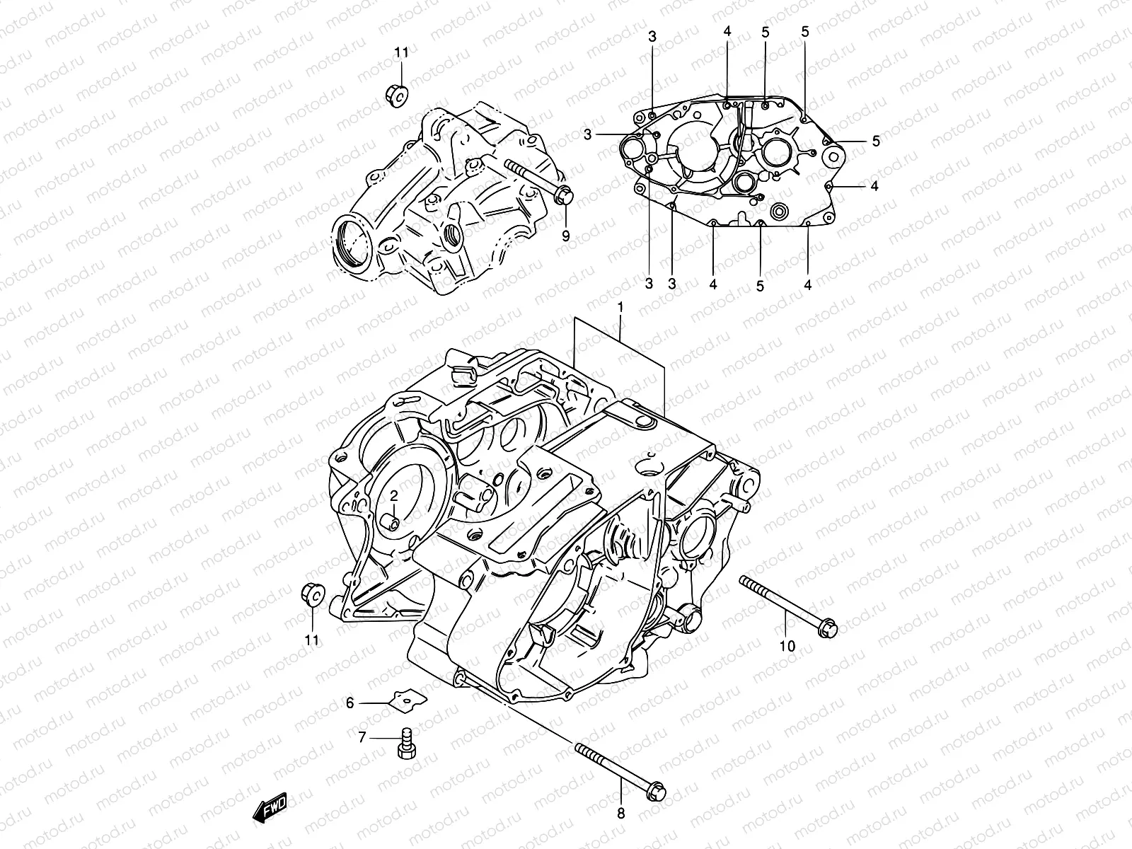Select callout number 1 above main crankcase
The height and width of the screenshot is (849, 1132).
tap(620, 308)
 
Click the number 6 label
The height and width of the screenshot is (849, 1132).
tap(350, 703)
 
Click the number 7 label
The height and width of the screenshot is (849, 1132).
tap(362, 737)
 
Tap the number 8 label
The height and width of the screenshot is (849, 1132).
tap(621, 814)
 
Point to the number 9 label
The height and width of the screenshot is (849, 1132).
tap(565, 236)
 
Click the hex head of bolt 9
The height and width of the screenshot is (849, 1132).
tap(563, 195)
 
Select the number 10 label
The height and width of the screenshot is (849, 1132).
tap(787, 645)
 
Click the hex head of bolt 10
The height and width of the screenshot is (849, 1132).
tap(828, 628)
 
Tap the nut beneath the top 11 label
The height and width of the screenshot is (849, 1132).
tap(397, 93)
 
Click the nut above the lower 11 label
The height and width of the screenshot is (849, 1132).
tap(312, 594)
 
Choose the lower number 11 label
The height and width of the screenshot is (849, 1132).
tap(312, 640)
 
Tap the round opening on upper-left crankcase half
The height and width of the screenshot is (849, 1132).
tap(353, 246)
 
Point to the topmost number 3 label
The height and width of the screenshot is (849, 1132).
tap(652, 36)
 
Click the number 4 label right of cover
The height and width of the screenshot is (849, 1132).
tap(874, 186)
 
